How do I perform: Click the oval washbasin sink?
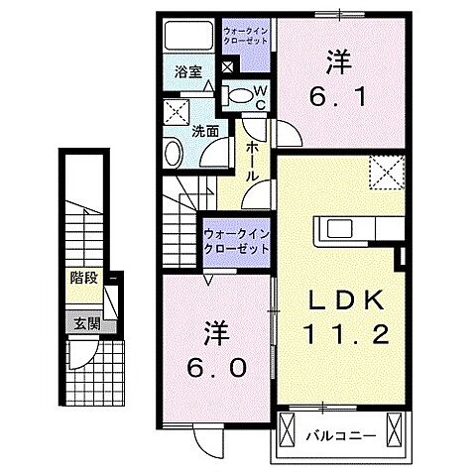[x=173, y=155]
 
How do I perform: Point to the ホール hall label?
[x=252, y=159]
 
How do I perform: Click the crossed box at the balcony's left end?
[x=289, y=431]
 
